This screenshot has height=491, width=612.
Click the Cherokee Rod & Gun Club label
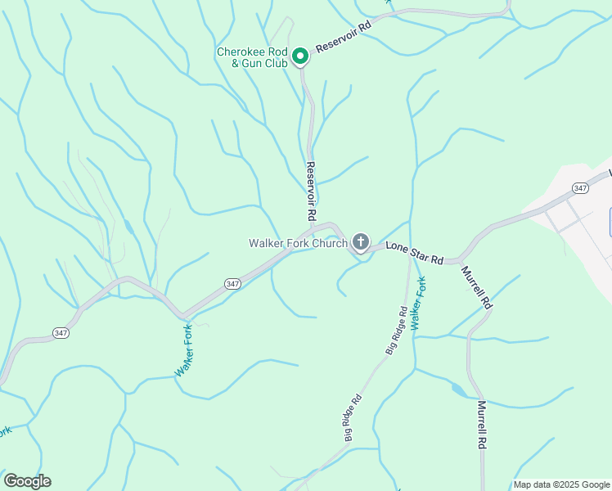pyautogui.click(x=252, y=56)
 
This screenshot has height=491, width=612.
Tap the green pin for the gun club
pyautogui.click(x=300, y=56)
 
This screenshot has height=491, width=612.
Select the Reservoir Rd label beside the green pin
pyautogui.click(x=344, y=37)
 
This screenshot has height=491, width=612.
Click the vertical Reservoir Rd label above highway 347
pyautogui.click(x=311, y=191)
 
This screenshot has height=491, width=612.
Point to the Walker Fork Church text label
pyautogui.click(x=298, y=243)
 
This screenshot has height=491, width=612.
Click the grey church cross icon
pyautogui.click(x=360, y=241)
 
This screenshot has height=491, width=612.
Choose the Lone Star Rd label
pyautogui.click(x=414, y=252)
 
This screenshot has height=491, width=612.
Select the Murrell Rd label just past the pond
pyautogui.click(x=482, y=425)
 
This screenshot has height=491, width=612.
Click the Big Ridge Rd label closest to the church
pyautogui.click(x=397, y=331)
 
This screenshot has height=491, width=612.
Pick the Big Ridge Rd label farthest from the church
pyautogui.click(x=353, y=418)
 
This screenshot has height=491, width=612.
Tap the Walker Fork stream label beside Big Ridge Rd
pyautogui.click(x=419, y=304)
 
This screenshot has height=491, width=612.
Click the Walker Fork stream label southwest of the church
pyautogui.click(x=183, y=351)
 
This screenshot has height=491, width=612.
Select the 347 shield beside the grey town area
pyautogui.click(x=581, y=188)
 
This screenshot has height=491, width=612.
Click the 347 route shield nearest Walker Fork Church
pyautogui.click(x=232, y=283)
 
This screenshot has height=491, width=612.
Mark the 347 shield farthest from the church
pyautogui.click(x=61, y=333)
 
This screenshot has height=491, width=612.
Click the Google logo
pyautogui.click(x=26, y=481)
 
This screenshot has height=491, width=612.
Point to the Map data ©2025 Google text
pyautogui.click(x=560, y=484)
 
